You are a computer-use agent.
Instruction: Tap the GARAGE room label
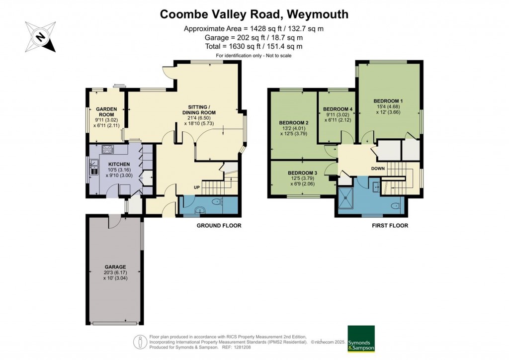click(x=114, y=267)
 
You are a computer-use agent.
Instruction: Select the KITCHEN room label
click(x=120, y=165)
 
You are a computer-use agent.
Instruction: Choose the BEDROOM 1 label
click(x=388, y=101)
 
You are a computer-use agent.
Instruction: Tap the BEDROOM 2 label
click(x=294, y=123)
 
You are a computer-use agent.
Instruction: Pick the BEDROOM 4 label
click(x=338, y=109)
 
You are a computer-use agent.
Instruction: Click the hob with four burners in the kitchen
click(x=107, y=149)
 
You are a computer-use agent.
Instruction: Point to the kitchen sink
click(x=94, y=168)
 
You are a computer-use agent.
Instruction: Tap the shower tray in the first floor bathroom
click(x=346, y=198)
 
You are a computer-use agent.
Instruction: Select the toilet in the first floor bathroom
click(x=395, y=205)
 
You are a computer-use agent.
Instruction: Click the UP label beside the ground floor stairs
click(x=197, y=187)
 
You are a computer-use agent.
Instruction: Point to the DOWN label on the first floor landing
click(x=377, y=168)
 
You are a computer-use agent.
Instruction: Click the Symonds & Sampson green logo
click(x=361, y=339)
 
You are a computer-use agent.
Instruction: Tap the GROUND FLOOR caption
click(x=219, y=226)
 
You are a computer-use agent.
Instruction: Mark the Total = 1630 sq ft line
click(x=254, y=46)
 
